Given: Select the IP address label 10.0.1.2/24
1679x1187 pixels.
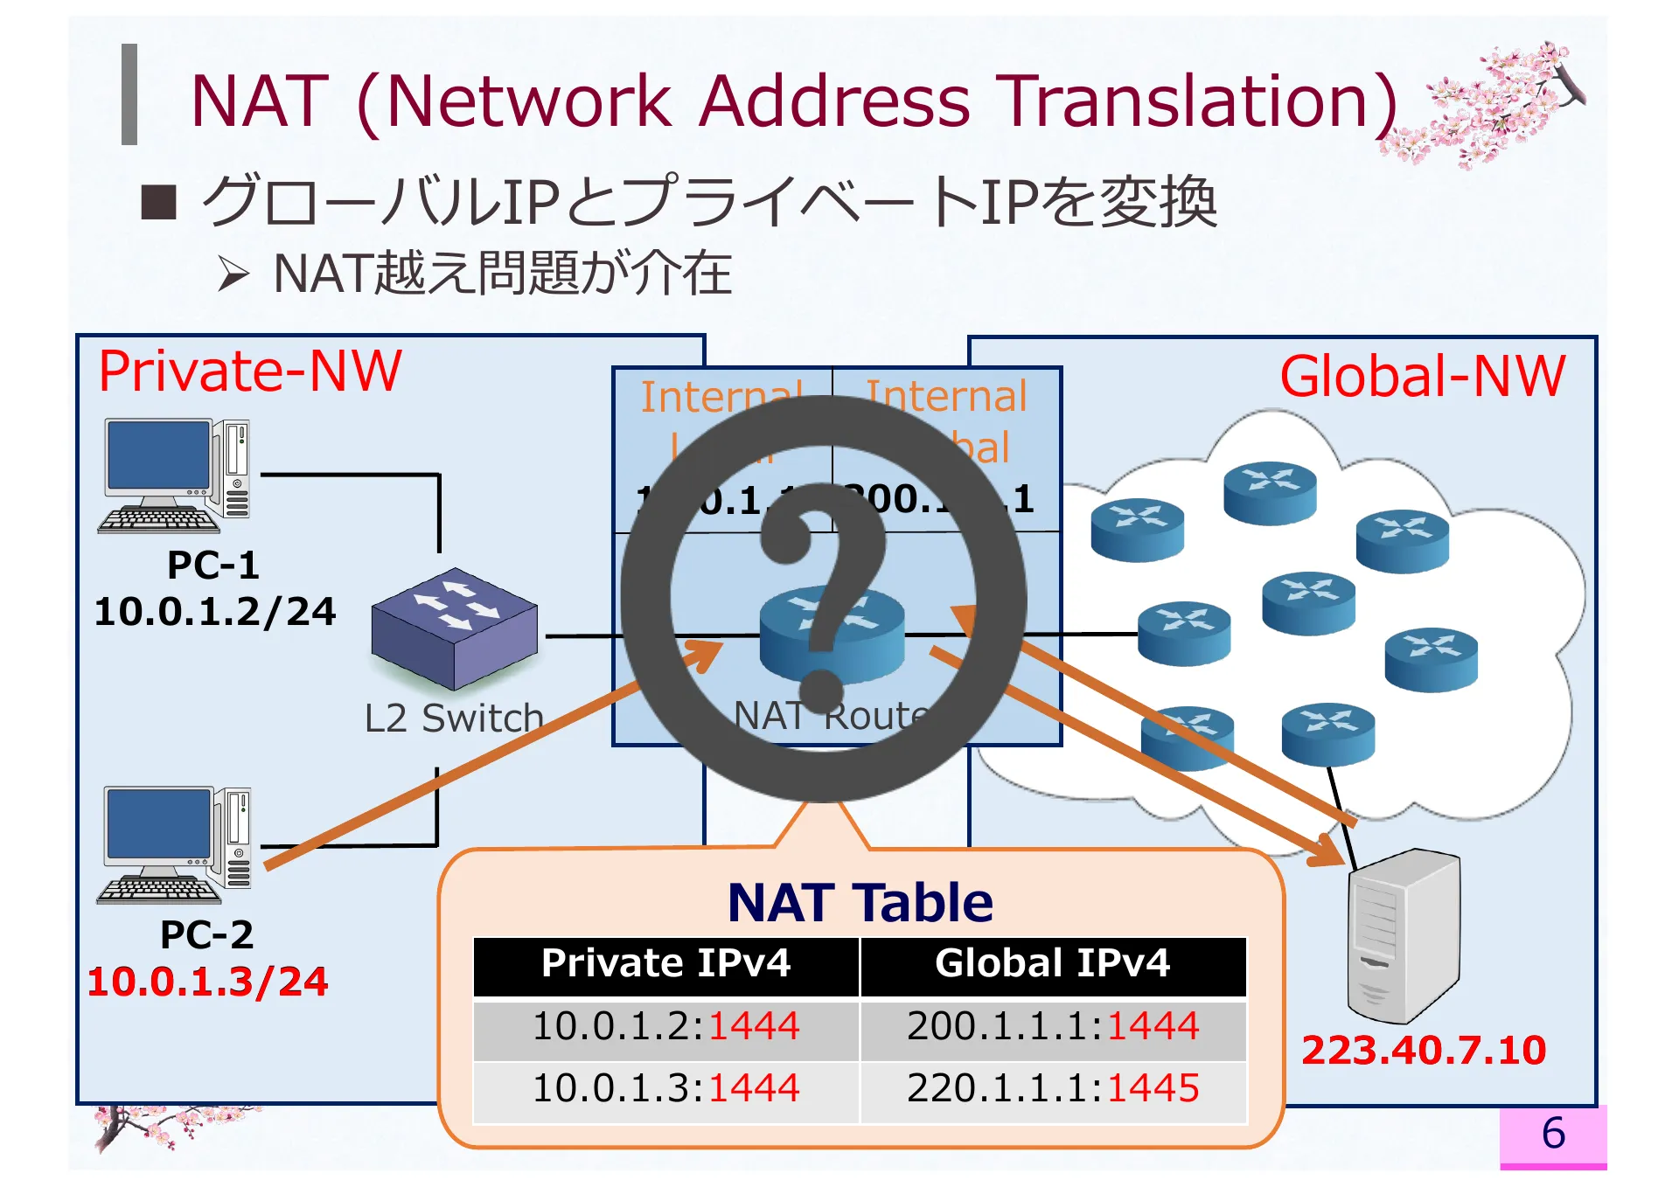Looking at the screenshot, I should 215,612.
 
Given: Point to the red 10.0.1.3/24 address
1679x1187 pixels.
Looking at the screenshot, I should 208,982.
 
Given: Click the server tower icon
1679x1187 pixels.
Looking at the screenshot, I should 1403,935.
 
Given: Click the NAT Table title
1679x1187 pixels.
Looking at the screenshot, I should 860,903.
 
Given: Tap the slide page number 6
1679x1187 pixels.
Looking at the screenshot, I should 1553,1134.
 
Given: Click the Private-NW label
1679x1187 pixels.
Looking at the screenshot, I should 250,371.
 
